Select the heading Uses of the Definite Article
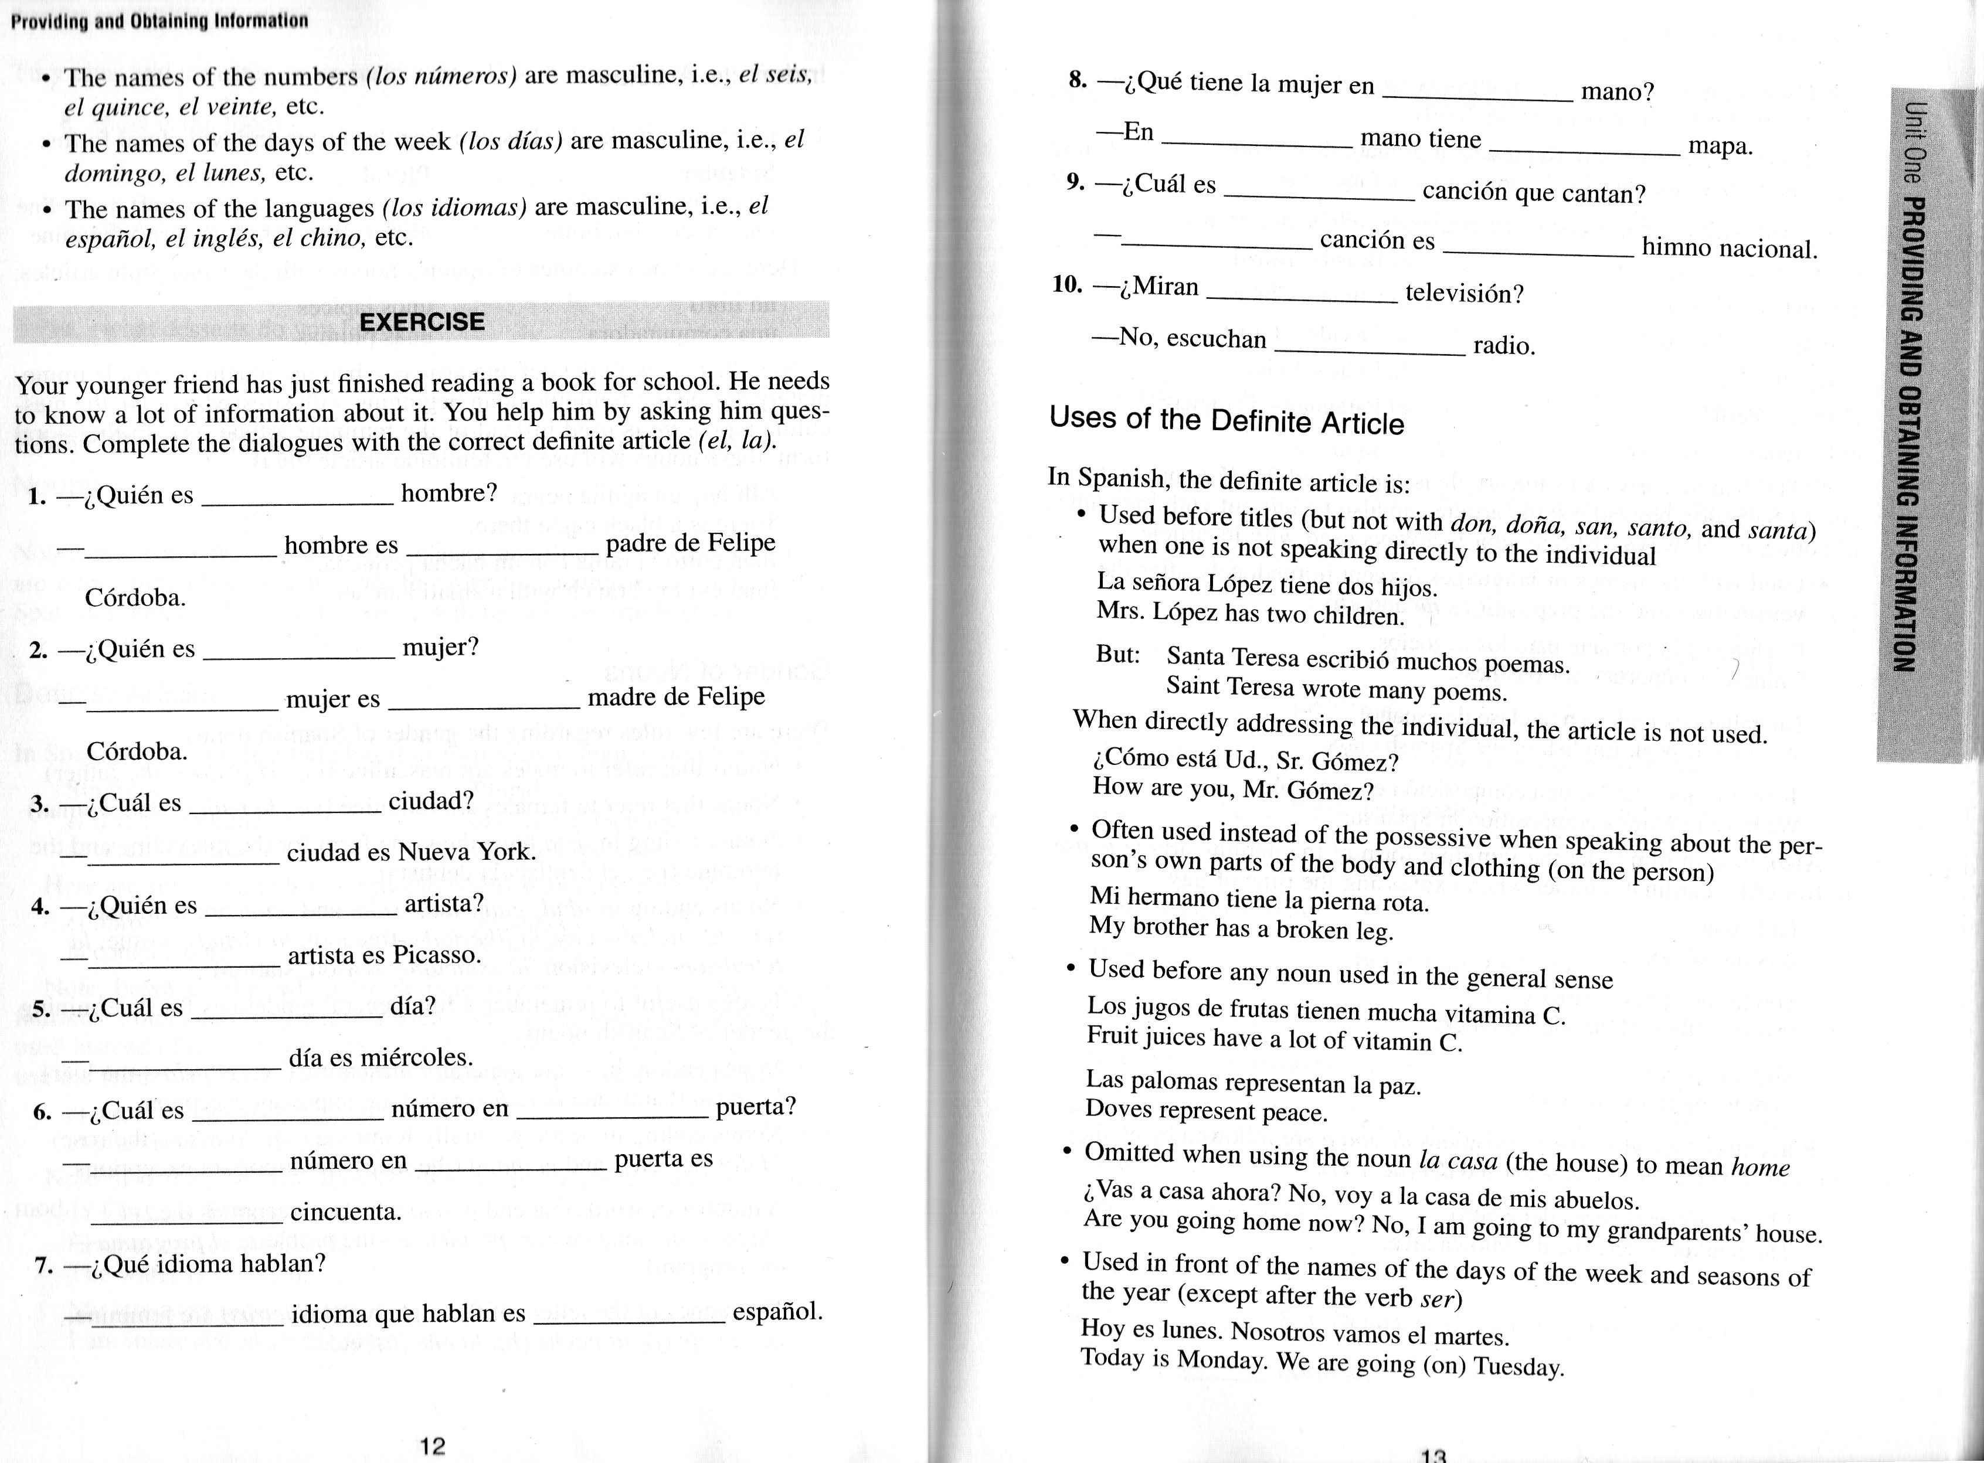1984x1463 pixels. pyautogui.click(x=1227, y=420)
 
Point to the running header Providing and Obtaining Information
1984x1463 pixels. pyautogui.click(x=159, y=21)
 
